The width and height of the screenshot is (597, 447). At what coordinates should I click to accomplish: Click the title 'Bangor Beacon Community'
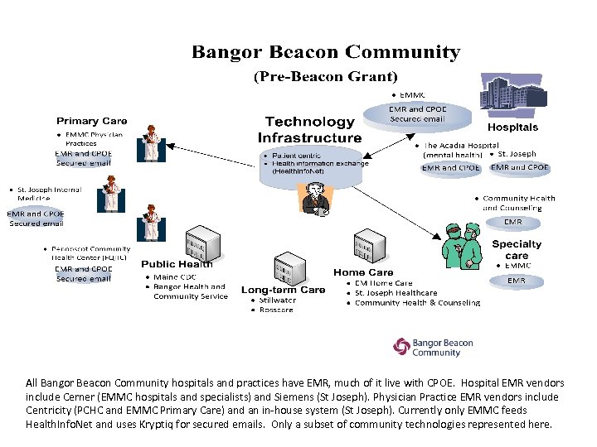(326, 53)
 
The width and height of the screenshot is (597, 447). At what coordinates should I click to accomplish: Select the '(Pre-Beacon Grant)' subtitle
(325, 76)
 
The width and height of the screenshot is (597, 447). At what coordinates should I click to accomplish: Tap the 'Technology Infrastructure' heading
(309, 130)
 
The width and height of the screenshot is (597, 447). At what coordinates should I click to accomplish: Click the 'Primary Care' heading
(91, 121)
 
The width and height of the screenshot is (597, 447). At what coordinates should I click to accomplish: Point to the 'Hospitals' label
(512, 127)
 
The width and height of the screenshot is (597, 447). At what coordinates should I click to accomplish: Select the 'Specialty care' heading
(516, 249)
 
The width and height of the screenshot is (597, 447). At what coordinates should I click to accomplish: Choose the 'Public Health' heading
(177, 264)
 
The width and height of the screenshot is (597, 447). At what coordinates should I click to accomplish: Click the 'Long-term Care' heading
(283, 290)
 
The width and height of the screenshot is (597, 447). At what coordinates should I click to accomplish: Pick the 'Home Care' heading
(363, 272)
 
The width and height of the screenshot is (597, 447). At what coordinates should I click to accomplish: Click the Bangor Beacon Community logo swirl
(401, 346)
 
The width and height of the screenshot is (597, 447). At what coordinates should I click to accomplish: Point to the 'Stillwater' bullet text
(277, 300)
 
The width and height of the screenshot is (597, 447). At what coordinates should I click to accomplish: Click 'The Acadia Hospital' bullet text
(461, 145)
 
